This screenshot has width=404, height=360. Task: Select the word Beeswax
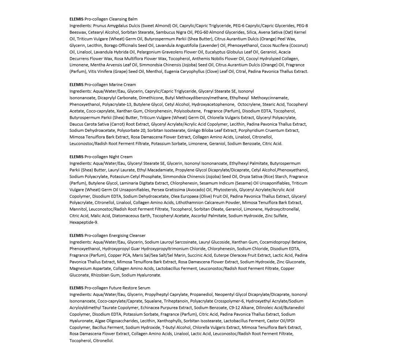coord(78,32)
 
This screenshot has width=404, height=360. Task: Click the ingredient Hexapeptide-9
coord(84,222)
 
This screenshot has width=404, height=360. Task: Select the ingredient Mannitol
coord(78,209)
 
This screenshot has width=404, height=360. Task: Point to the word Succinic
coord(202,255)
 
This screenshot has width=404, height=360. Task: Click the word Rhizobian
coord(100,275)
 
